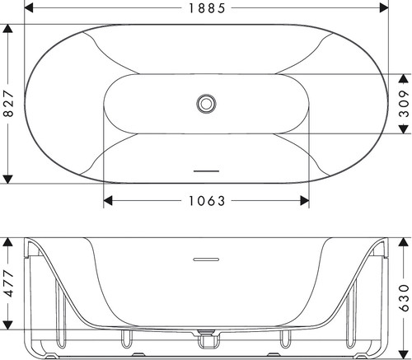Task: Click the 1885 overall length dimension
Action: pyautogui.click(x=207, y=8)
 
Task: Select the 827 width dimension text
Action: pyautogui.click(x=8, y=103)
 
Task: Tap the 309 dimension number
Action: pyautogui.click(x=404, y=103)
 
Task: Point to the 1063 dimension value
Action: pyautogui.click(x=207, y=201)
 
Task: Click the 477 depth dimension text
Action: pyautogui.click(x=8, y=283)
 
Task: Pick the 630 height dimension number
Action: pyautogui.click(x=404, y=298)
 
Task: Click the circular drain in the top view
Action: pyautogui.click(x=206, y=104)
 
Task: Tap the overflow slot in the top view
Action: pyautogui.click(x=206, y=171)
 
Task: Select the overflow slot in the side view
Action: pyautogui.click(x=206, y=259)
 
